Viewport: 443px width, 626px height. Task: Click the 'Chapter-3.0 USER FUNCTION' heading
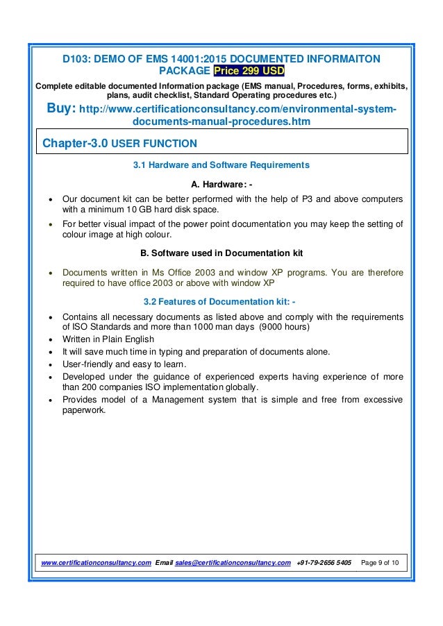pyautogui.click(x=120, y=144)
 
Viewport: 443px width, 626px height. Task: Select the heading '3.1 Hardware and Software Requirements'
pyautogui.click(x=221, y=166)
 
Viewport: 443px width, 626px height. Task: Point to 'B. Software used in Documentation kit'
pyautogui.click(x=221, y=251)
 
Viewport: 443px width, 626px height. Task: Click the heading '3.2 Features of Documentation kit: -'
pyautogui.click(x=221, y=302)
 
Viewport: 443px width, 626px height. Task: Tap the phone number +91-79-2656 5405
pyautogui.click(x=323, y=560)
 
